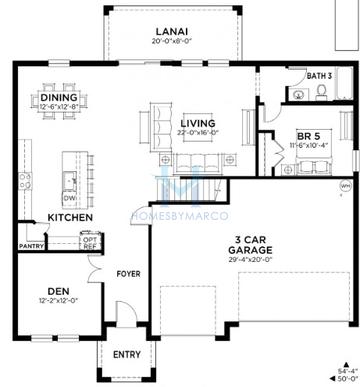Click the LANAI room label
click(x=172, y=31)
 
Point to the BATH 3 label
click(x=318, y=76)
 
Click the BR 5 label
click(x=308, y=135)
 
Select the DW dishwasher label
click(x=69, y=198)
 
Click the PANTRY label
click(x=31, y=245)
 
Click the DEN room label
click(x=57, y=293)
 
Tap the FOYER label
click(x=128, y=273)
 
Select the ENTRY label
click(x=126, y=354)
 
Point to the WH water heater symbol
click(x=345, y=185)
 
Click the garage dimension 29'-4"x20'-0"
click(x=252, y=260)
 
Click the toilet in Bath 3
click(x=321, y=91)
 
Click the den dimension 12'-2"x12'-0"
click(x=57, y=303)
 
